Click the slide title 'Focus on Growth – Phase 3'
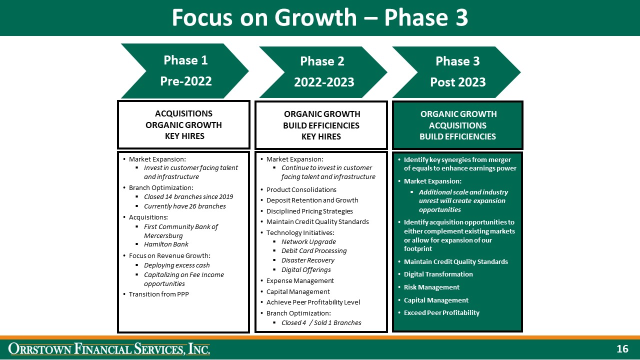coord(320,18)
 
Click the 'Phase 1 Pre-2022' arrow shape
coord(185,70)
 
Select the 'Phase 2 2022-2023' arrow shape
coord(323,71)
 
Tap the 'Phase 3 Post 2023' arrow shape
coord(457,71)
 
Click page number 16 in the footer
coord(622,349)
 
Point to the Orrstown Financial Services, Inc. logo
coord(109,348)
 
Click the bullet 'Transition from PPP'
coord(158,294)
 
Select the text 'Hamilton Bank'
coord(166,244)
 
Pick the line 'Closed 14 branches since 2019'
coord(188,197)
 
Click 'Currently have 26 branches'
coord(184,206)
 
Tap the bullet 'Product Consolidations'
coord(301,189)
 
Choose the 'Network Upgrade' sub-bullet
coord(308,241)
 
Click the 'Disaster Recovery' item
coord(307,260)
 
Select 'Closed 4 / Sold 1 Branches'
coord(321,322)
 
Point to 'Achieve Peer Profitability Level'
coord(313,302)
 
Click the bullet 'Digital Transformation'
coord(438,274)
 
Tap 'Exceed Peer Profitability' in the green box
coord(441,312)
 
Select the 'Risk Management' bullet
coord(431,287)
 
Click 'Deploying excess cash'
coord(176,265)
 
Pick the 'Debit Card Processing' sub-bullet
coord(313,250)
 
